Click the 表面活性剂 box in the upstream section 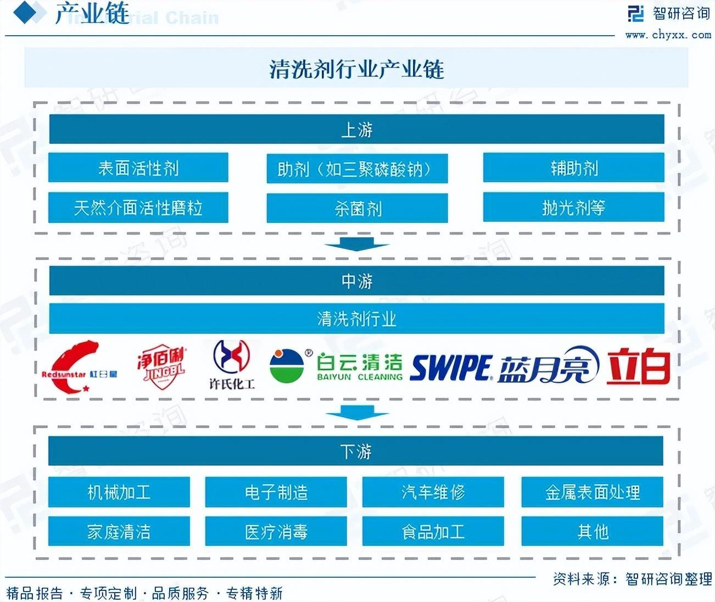[x=138, y=168]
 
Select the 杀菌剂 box [x=357, y=208]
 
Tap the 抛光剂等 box [x=573, y=208]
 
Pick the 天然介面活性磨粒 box [x=138, y=208]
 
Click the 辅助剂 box [x=573, y=168]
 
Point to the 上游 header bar [x=356, y=130]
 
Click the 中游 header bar [x=356, y=281]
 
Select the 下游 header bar [x=356, y=451]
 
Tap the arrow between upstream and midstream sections [x=356, y=243]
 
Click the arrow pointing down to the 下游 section [x=356, y=411]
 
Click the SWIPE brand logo [x=451, y=367]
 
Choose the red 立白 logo [x=639, y=366]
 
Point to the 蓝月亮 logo [x=548, y=366]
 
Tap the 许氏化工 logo [x=232, y=365]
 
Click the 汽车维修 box [x=433, y=492]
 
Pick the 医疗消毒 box [x=276, y=532]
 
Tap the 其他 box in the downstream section [x=592, y=532]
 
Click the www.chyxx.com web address [x=668, y=35]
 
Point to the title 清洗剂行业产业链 [x=356, y=69]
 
